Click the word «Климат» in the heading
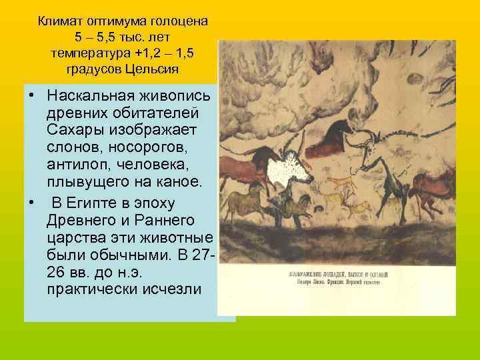[x=61, y=21]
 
